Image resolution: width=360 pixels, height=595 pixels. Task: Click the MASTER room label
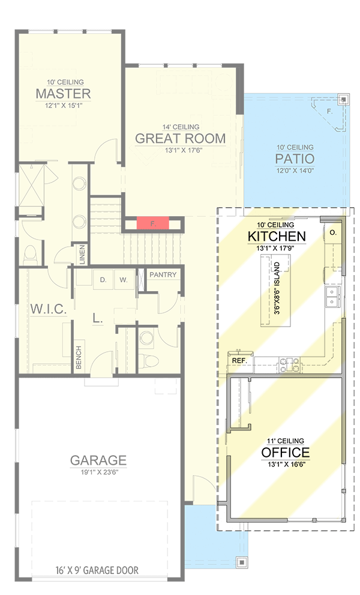pyautogui.click(x=63, y=94)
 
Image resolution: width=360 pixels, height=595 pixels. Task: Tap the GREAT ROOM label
pyautogui.click(x=180, y=139)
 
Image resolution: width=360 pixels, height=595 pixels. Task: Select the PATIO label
pyautogui.click(x=295, y=159)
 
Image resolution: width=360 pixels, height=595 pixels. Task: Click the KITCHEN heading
pyautogui.click(x=277, y=236)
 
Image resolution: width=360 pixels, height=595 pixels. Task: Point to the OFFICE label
pyautogui.click(x=285, y=453)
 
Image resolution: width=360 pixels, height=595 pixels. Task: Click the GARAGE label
pyautogui.click(x=98, y=461)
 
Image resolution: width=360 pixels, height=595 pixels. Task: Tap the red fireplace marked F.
pyautogui.click(x=152, y=223)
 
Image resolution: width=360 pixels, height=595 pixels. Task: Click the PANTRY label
pyautogui.click(x=163, y=275)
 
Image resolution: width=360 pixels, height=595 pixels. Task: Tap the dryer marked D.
pyautogui.click(x=103, y=279)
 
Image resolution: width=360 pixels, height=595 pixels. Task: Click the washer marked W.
pyautogui.click(x=122, y=279)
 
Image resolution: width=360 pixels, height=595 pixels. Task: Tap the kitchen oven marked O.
pyautogui.click(x=332, y=231)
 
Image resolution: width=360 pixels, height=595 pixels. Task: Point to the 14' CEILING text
pyautogui.click(x=180, y=127)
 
